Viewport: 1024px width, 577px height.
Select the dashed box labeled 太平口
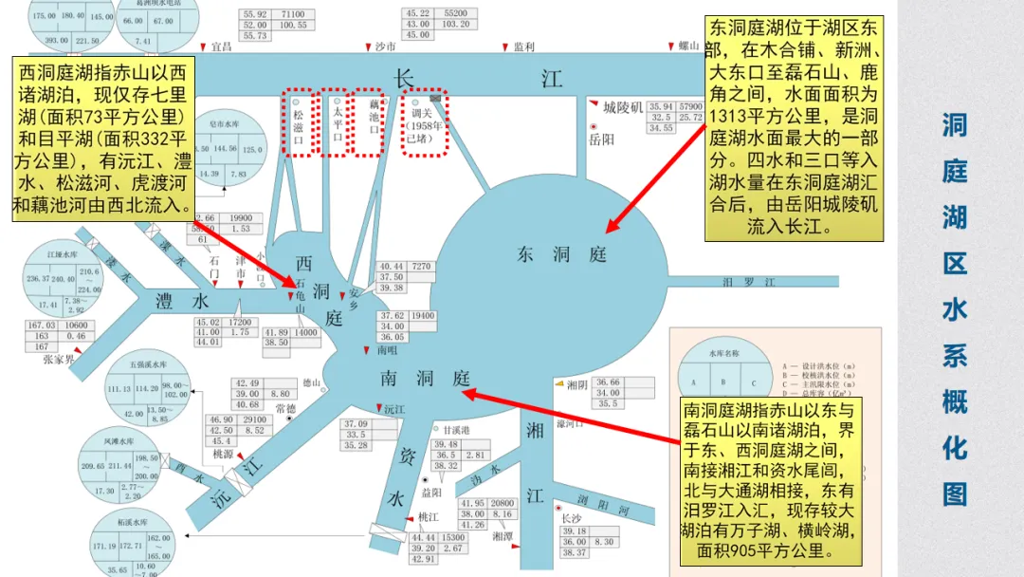tap(336, 122)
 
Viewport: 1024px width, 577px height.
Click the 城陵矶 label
tap(623, 106)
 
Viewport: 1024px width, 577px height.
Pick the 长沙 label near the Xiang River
tap(571, 519)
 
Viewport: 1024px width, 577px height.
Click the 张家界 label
tap(58, 360)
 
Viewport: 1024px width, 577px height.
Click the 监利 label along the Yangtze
tap(524, 46)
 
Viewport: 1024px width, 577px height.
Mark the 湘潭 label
tap(503, 535)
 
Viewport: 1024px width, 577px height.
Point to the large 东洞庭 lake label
tap(560, 254)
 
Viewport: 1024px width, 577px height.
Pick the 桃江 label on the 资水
tap(429, 517)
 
